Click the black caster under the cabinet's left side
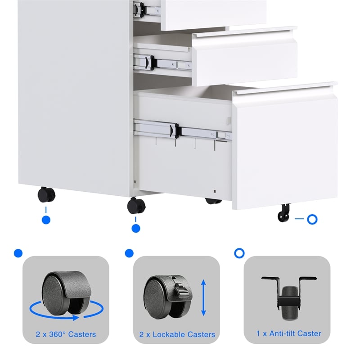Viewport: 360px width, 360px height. [46, 194]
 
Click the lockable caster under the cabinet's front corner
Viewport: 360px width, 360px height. [136, 206]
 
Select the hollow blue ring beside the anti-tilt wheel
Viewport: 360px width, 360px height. [312, 220]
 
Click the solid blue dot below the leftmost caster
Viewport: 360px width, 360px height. [46, 220]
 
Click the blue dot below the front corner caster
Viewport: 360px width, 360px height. [136, 229]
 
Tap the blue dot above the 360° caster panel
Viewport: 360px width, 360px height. [18, 253]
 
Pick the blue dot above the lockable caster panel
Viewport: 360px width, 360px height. [129, 253]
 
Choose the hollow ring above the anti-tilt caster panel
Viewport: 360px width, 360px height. [239, 253]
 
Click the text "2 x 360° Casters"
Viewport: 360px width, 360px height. [66, 334]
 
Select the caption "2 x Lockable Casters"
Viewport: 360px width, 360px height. [176, 335]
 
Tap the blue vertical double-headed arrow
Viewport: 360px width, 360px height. [203, 297]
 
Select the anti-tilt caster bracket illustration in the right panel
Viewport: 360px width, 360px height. [288, 293]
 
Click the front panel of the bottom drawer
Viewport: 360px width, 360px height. [284, 148]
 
